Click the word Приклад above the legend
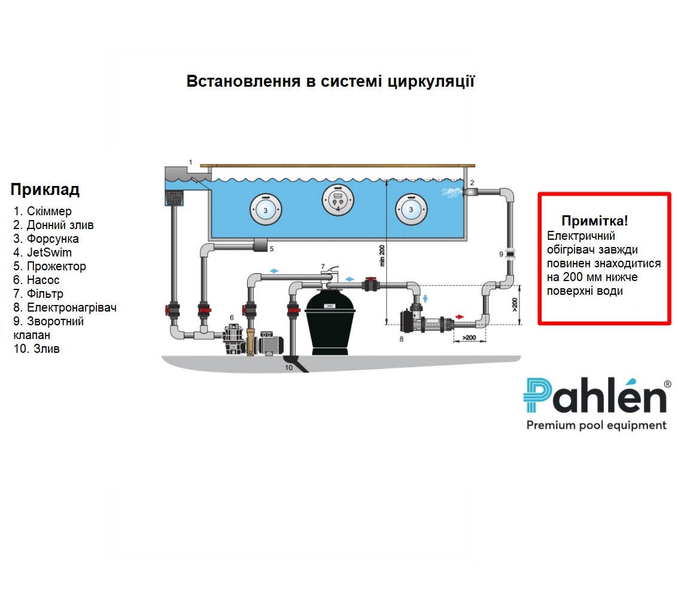(x=45, y=190)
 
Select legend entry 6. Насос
(x=37, y=280)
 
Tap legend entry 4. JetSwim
(x=42, y=252)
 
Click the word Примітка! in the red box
(x=595, y=221)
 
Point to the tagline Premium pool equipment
(x=595, y=426)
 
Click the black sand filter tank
(x=330, y=320)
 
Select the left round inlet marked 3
(x=265, y=210)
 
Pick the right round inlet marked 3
(x=411, y=209)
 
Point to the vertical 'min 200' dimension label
(x=382, y=256)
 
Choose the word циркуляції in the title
(x=431, y=81)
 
